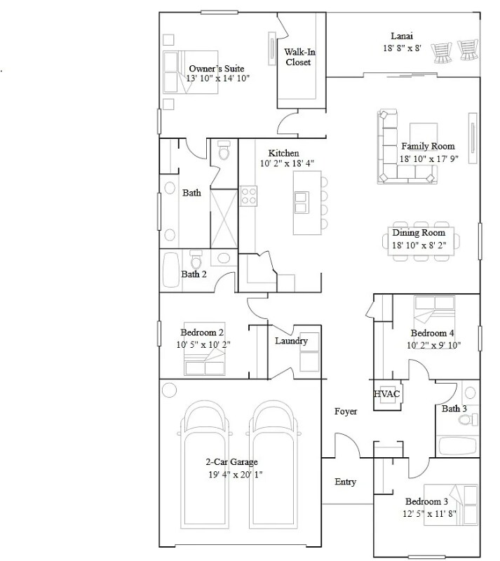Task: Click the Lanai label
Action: click(402, 36)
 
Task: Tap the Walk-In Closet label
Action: click(297, 57)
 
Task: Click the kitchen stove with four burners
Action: click(248, 194)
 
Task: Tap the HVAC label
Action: click(386, 394)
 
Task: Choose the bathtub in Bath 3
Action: click(457, 445)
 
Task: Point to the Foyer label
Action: click(346, 412)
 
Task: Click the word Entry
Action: click(345, 482)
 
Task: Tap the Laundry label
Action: click(291, 341)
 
